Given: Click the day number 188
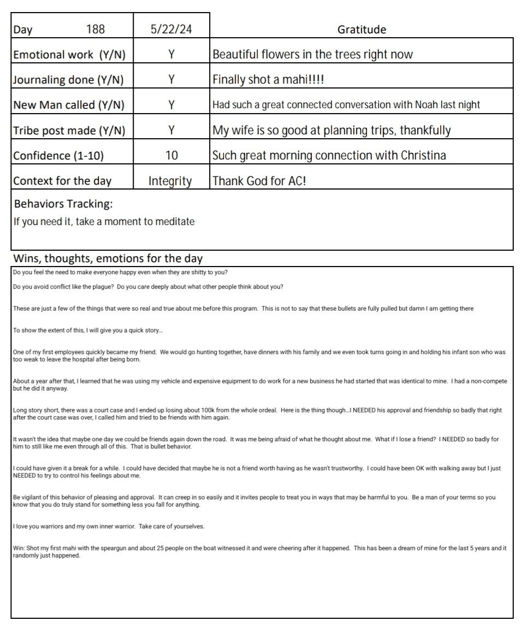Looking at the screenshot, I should coord(96,29).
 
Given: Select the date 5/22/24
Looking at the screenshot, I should coord(171,29).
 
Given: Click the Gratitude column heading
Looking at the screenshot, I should coord(361,29).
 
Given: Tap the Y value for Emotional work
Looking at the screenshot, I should coord(171,55).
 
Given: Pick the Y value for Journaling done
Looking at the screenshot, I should coord(171,80).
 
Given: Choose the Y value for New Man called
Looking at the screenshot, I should coord(171,105).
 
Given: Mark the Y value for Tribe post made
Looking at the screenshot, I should coord(171,130).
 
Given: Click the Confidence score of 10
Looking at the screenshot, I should coord(171,156).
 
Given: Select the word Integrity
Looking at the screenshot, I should coord(170,181).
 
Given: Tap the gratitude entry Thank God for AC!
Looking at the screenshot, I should coord(259,181).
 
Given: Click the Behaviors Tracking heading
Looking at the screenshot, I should coord(63,204).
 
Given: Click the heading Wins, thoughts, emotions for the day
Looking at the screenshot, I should coord(108,258).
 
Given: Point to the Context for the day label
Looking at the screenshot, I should coord(62,181).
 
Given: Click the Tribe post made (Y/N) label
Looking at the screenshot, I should coord(69,131).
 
